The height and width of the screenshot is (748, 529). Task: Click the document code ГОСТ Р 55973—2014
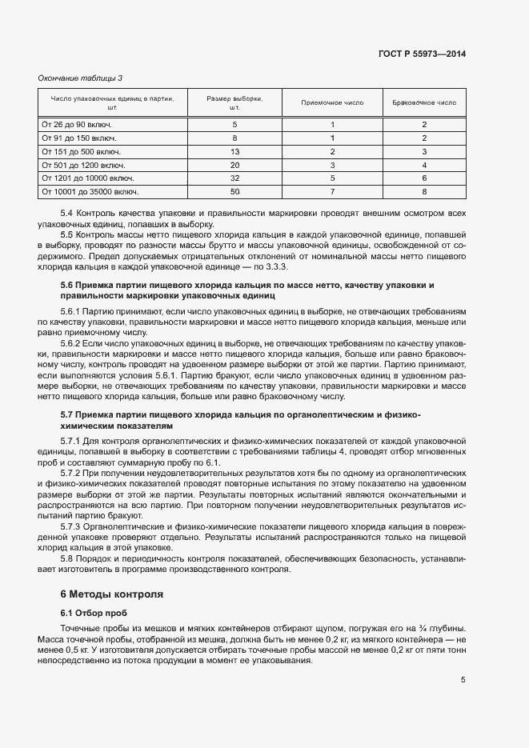(x=421, y=54)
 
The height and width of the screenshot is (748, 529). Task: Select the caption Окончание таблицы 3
(x=80, y=78)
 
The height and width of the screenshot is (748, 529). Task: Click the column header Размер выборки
(x=234, y=102)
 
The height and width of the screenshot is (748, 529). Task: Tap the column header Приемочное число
(x=332, y=103)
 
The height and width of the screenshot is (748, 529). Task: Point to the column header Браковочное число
(x=424, y=103)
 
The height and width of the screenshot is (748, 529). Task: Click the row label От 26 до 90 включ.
(x=76, y=125)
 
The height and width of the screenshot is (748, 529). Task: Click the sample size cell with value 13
(x=234, y=151)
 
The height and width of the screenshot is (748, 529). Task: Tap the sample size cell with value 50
(x=234, y=192)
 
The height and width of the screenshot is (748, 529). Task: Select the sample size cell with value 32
(x=234, y=178)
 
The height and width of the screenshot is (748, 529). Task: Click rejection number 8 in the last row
(x=424, y=192)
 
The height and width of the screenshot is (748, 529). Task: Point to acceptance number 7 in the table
(x=332, y=192)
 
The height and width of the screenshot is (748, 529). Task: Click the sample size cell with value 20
(x=234, y=165)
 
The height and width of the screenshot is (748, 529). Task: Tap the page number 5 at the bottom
(x=463, y=680)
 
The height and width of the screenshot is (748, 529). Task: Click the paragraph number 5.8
(x=67, y=558)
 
